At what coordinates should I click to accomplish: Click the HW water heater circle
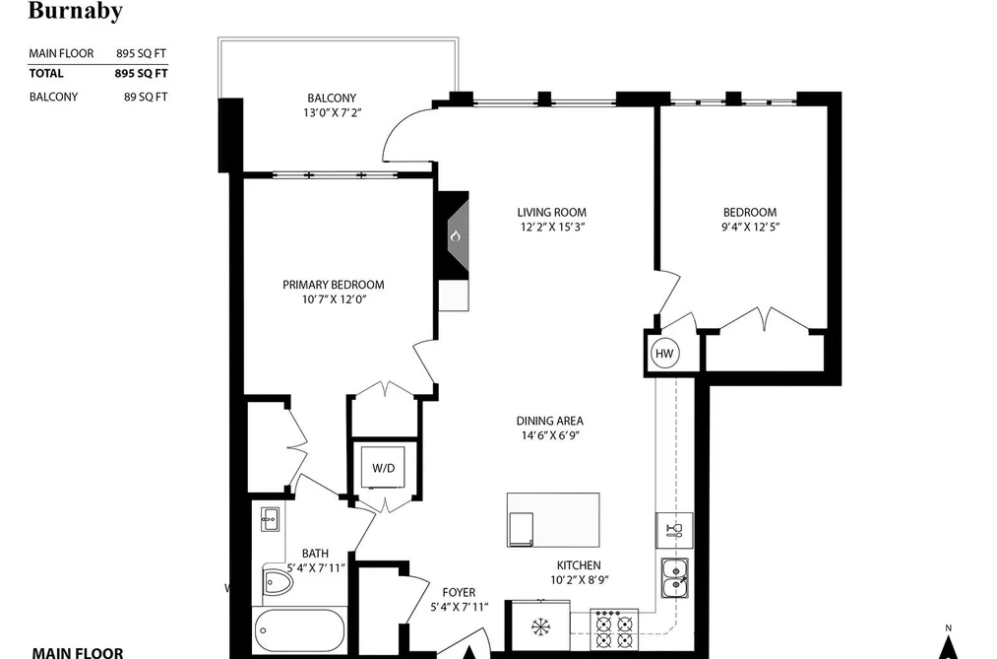click(664, 354)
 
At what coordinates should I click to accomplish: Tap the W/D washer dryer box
click(384, 468)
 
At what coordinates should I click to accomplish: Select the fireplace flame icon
click(455, 236)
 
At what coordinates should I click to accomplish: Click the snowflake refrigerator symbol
click(541, 627)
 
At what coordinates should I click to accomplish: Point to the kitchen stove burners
click(613, 629)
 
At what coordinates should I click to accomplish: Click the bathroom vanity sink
click(270, 519)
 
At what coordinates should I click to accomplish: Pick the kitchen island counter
click(553, 520)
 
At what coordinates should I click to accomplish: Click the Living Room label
click(551, 213)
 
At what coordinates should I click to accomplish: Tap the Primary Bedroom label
click(334, 285)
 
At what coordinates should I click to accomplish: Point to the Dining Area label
click(549, 421)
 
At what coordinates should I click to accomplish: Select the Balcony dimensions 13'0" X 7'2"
click(332, 113)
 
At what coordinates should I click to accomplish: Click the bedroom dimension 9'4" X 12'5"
click(750, 228)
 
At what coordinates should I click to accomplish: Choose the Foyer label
click(459, 592)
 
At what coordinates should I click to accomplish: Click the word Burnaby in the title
click(75, 10)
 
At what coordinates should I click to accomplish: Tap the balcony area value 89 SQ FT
click(146, 97)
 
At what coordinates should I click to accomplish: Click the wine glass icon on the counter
click(674, 531)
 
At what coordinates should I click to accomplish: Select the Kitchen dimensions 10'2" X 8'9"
click(579, 580)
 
